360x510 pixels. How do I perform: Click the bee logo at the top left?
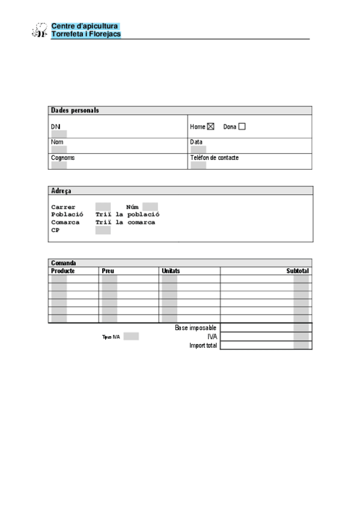coord(40,30)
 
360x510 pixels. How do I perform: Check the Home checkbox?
coord(210,127)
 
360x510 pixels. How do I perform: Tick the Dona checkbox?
coord(242,127)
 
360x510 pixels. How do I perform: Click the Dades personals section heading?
coord(75,111)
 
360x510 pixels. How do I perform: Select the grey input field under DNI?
coord(59,134)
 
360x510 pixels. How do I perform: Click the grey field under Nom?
coord(59,149)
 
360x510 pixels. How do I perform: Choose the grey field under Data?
coord(198,149)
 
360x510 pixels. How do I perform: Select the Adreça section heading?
coord(61,191)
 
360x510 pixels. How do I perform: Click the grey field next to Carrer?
coord(103,207)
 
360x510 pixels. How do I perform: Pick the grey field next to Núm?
coord(150,207)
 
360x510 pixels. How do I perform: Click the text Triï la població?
coord(127,215)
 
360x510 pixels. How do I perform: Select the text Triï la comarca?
coord(125,223)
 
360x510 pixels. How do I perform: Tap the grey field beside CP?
coord(103,230)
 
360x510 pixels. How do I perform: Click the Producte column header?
coord(63,271)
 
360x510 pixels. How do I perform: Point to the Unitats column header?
coord(171,271)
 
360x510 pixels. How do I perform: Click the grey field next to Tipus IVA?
coord(131,337)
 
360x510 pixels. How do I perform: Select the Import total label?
coord(203,346)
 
